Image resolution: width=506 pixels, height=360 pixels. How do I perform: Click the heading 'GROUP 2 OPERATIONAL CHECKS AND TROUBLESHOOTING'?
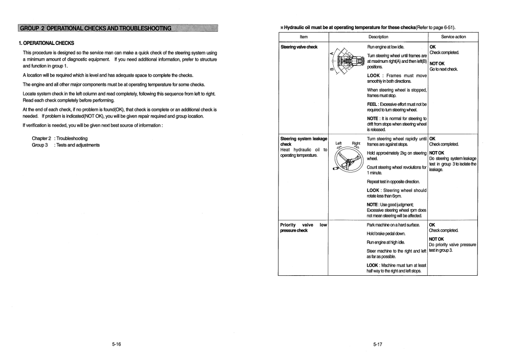pyautogui.click(x=94, y=28)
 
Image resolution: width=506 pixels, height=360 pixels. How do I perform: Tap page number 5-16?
pyautogui.click(x=117, y=345)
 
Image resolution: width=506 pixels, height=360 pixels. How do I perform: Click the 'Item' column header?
pyautogui.click(x=304, y=37)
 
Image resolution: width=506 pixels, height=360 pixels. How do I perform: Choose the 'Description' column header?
pyautogui.click(x=378, y=37)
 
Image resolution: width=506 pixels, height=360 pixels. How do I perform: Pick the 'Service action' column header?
pyautogui.click(x=453, y=37)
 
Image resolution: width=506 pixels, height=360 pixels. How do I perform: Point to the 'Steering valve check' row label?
pyautogui.click(x=299, y=47)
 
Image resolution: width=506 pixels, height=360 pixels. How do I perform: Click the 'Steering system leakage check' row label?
pyautogui.click(x=304, y=141)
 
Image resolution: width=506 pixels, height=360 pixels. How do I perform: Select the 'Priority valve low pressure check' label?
pyautogui.click(x=304, y=228)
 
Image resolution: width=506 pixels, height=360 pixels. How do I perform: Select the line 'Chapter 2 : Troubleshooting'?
pyautogui.click(x=59, y=138)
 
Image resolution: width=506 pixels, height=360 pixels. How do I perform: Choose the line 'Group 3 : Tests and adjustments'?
pyautogui.click(x=65, y=145)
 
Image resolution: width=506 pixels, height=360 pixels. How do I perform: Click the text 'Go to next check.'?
pyautogui.click(x=443, y=69)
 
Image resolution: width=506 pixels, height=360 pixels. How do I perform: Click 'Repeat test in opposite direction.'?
pyautogui.click(x=393, y=182)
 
